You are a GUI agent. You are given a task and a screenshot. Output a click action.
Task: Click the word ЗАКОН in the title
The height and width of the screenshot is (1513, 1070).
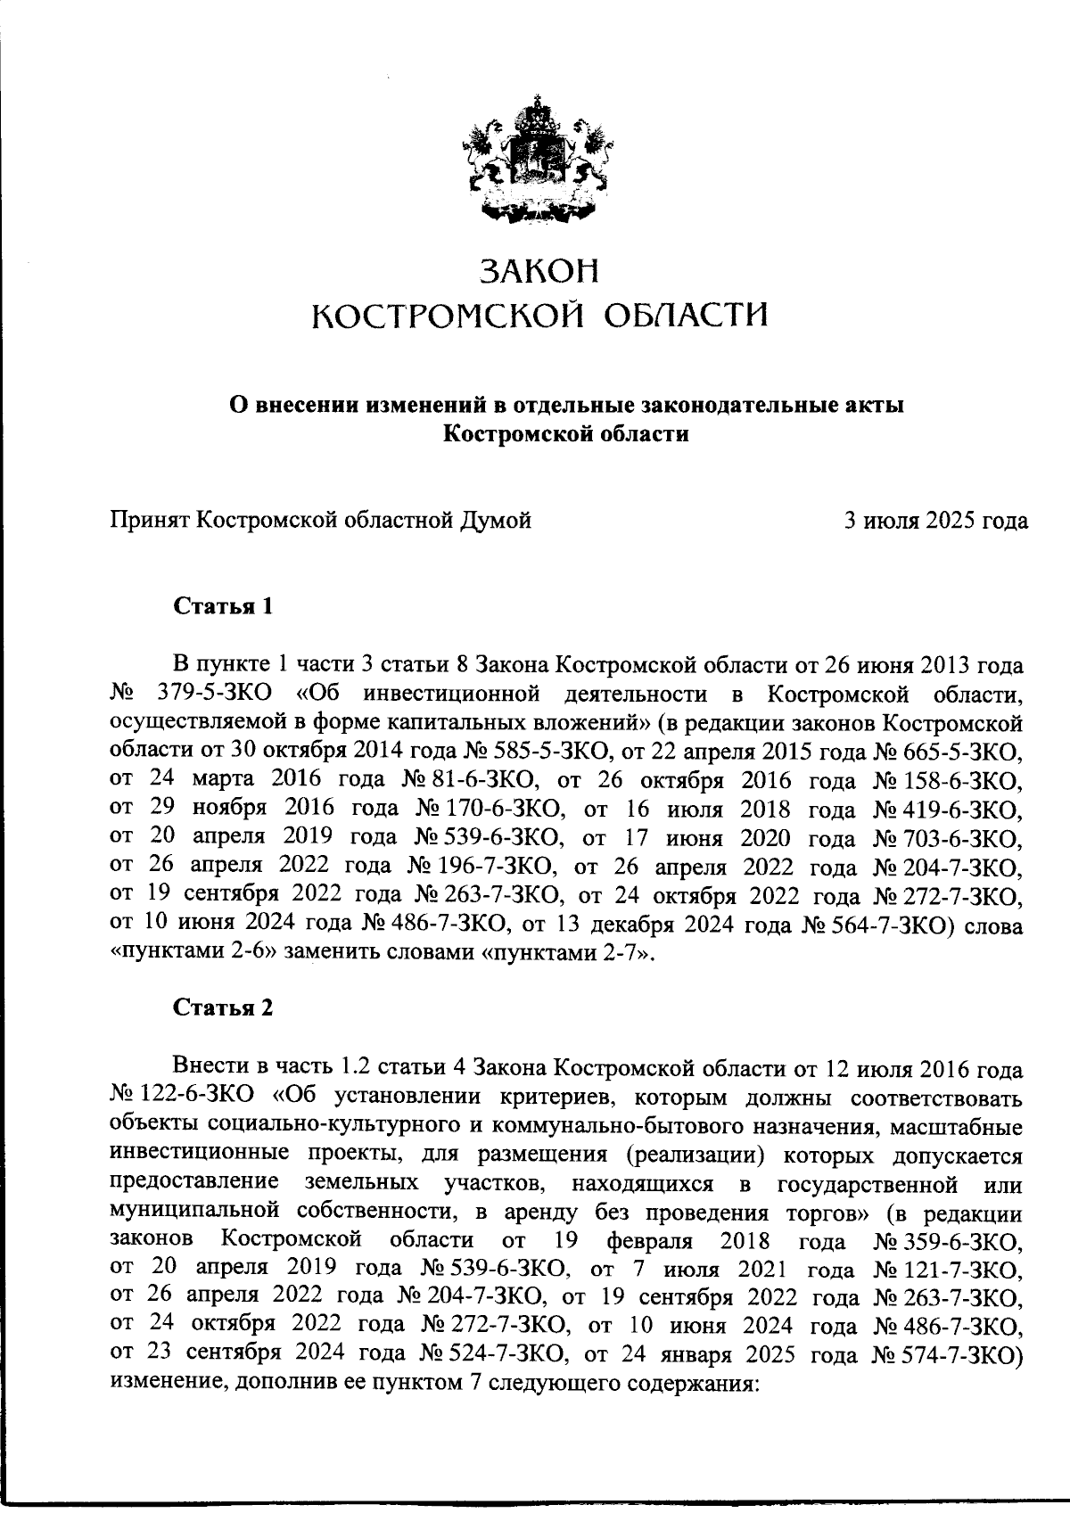[x=536, y=271]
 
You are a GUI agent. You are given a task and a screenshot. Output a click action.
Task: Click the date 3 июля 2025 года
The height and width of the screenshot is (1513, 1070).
[x=936, y=520]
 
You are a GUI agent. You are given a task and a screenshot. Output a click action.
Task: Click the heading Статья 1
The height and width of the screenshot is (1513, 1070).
[x=222, y=608]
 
